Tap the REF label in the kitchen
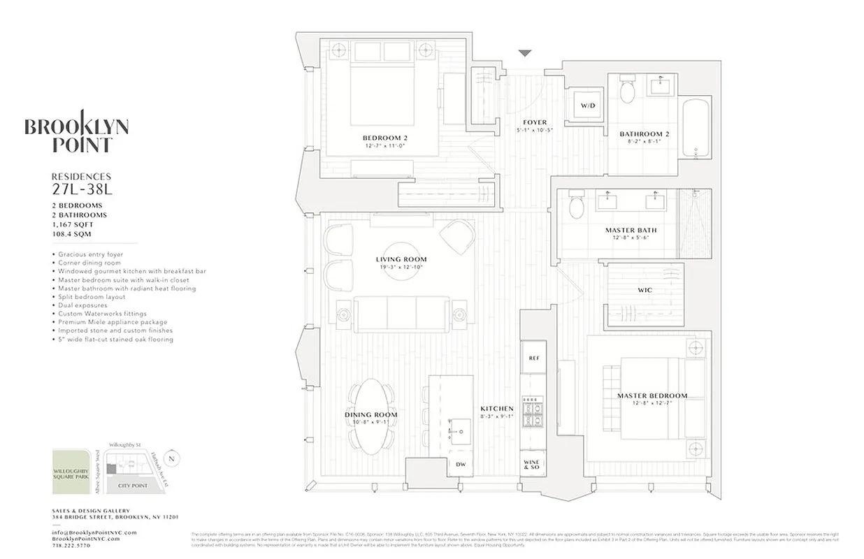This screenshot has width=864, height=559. click(x=533, y=358)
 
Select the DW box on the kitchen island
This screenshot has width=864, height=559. click(x=461, y=464)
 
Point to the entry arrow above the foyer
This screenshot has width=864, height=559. click(x=526, y=53)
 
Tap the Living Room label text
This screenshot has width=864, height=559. click(x=401, y=259)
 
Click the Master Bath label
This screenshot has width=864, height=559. click(x=631, y=230)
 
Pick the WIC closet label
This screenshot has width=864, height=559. click(x=645, y=289)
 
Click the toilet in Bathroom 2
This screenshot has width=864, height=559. click(x=627, y=89)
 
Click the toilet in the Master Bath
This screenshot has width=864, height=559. click(x=577, y=205)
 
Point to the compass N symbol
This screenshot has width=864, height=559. click(x=173, y=458)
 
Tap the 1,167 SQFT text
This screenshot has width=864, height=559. click(x=73, y=225)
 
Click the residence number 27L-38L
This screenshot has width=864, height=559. click(x=81, y=189)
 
